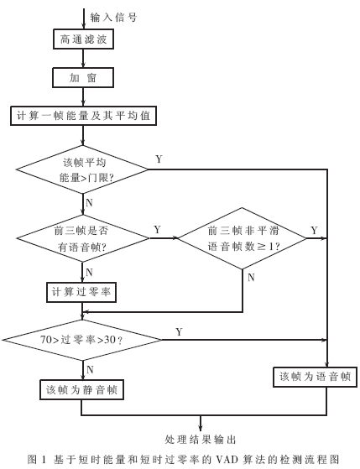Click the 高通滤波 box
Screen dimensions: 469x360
(x=83, y=39)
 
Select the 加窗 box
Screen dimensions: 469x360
(x=83, y=78)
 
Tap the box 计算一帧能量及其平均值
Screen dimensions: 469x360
(x=83, y=116)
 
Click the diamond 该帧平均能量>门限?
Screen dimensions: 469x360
(x=83, y=170)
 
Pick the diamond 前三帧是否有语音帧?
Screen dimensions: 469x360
(x=83, y=238)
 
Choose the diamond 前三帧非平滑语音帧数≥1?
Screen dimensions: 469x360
(x=243, y=238)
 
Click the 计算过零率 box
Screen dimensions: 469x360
(x=81, y=291)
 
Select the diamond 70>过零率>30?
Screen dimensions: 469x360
(x=81, y=340)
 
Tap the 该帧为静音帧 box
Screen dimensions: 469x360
(x=81, y=389)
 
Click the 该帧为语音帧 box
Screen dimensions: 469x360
(x=316, y=377)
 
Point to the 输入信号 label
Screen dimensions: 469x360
(x=113, y=16)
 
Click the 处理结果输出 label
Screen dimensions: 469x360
(x=201, y=439)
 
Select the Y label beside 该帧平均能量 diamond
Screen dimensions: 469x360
(x=159, y=159)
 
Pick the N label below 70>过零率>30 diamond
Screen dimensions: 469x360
(x=90, y=368)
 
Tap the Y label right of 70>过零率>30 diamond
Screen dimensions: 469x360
(x=179, y=332)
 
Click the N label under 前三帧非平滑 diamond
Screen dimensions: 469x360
(x=251, y=278)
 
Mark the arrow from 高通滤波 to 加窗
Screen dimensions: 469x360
(x=83, y=59)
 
